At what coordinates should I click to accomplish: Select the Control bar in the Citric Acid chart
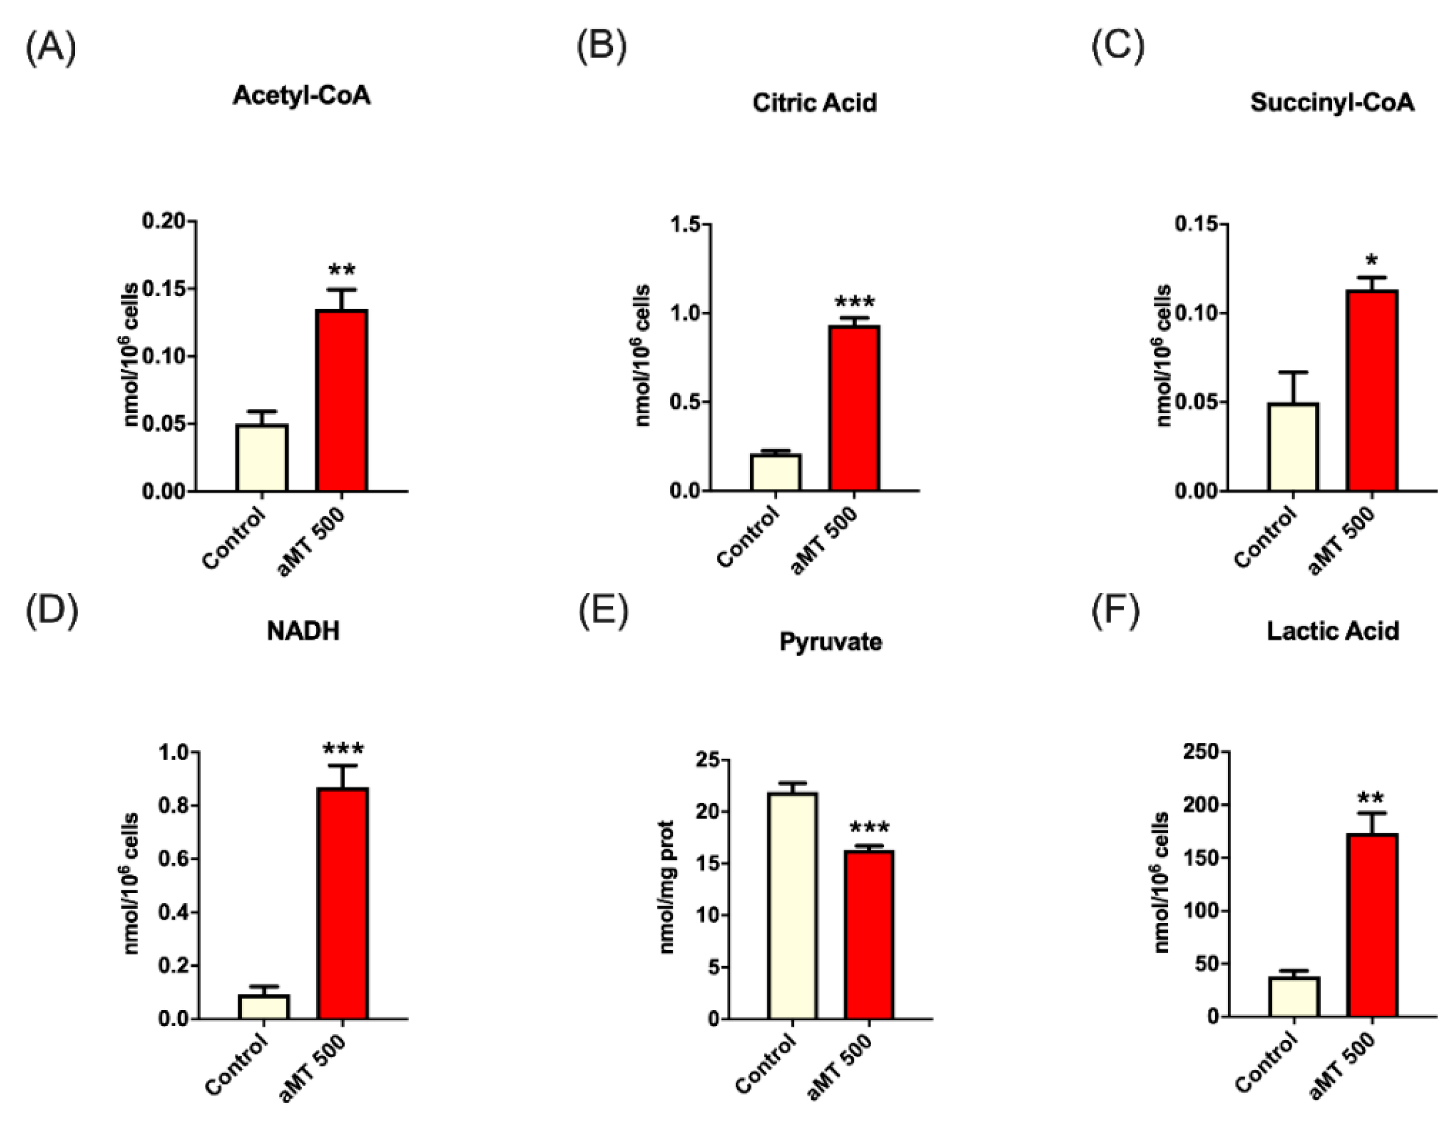click(775, 472)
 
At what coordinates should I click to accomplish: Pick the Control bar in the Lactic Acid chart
click(1294, 996)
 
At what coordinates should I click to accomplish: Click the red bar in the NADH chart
click(342, 904)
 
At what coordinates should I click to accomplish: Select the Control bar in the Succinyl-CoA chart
click(1292, 447)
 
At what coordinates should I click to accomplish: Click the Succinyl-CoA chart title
click(1332, 102)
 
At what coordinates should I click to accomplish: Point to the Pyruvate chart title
click(830, 642)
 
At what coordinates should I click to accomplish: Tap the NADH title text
click(302, 630)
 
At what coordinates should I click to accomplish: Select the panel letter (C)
click(1117, 47)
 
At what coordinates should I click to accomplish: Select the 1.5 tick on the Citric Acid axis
click(685, 225)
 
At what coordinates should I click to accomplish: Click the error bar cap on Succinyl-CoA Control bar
click(1292, 372)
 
